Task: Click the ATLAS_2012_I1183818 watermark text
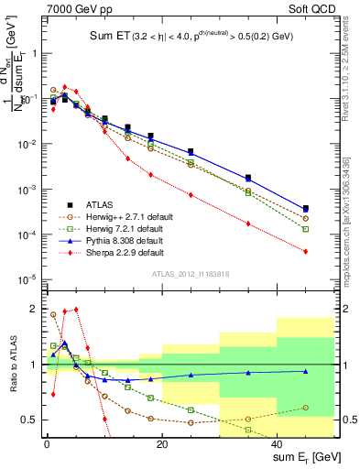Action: tap(189, 273)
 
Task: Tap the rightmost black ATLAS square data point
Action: tap(306, 208)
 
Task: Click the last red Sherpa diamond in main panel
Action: tap(306, 251)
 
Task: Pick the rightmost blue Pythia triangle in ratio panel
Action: tap(306, 371)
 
